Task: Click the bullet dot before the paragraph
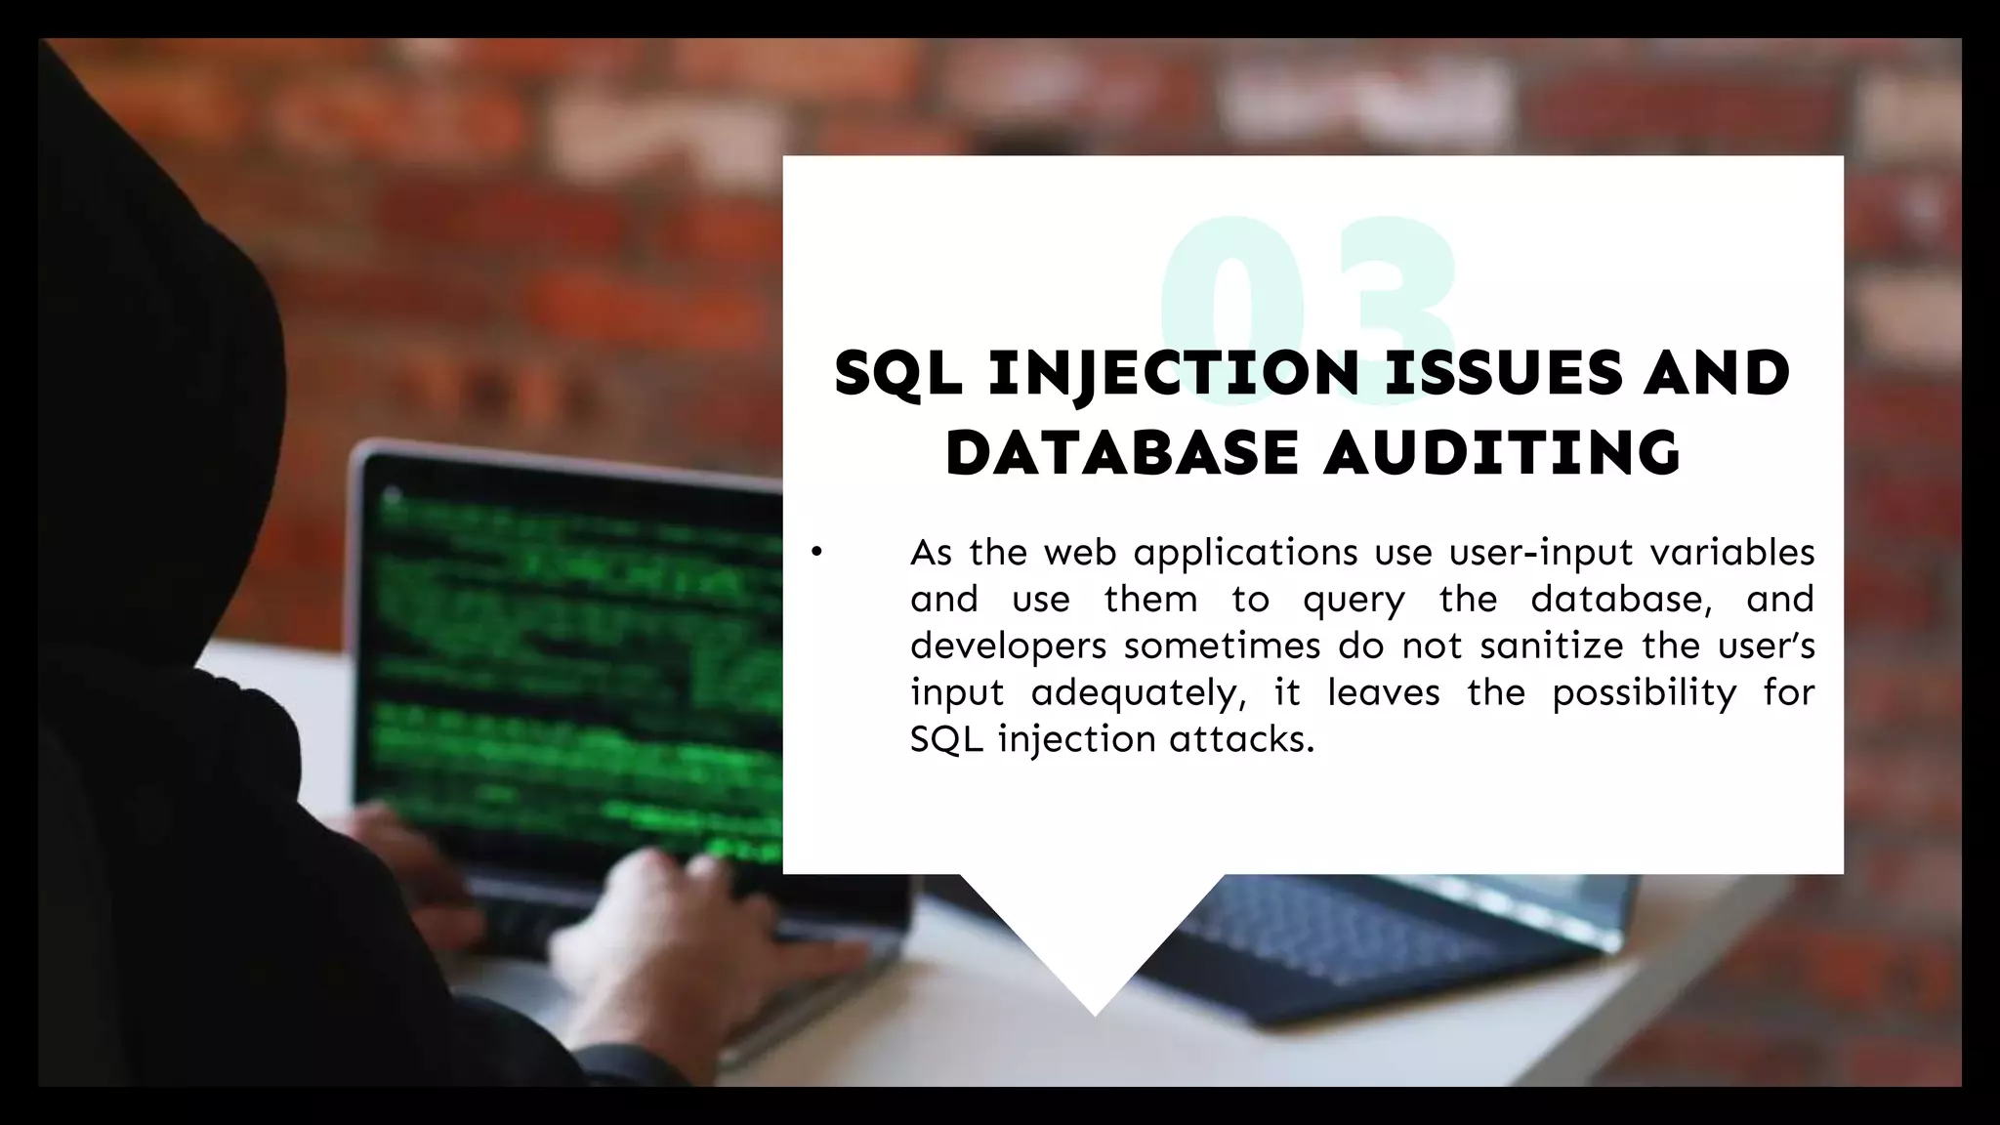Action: point(817,554)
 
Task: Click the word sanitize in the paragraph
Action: point(1551,646)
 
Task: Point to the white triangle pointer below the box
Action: point(1094,937)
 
